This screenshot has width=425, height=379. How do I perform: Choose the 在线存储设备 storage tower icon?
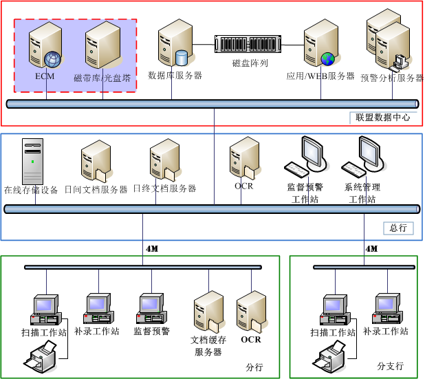[x=32, y=162]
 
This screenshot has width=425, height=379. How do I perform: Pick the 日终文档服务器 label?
[x=164, y=188]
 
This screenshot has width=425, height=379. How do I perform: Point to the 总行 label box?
[x=398, y=228]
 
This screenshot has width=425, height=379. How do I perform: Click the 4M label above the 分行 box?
[x=152, y=248]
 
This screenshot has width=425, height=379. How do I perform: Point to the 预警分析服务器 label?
[x=392, y=78]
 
